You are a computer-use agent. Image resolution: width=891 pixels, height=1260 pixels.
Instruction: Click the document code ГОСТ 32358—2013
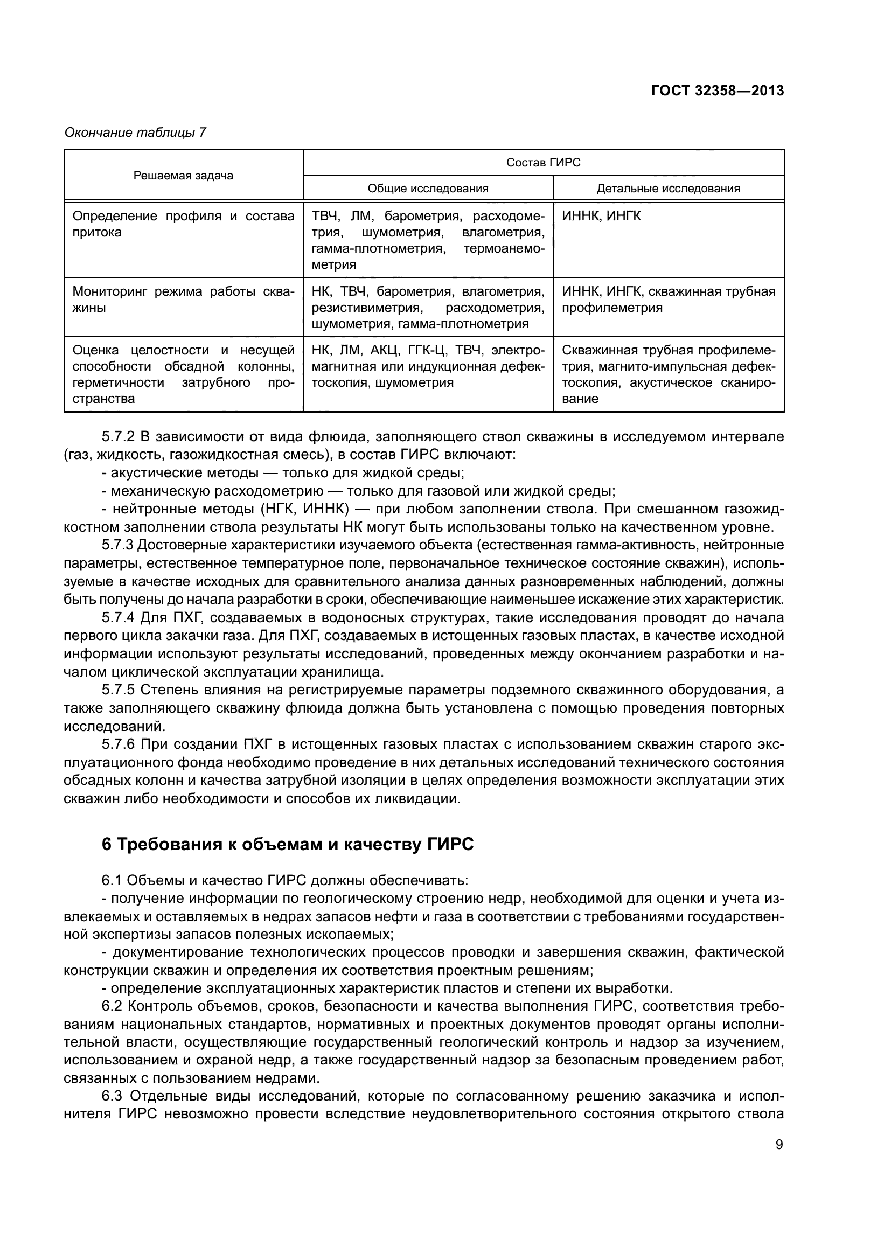pos(717,91)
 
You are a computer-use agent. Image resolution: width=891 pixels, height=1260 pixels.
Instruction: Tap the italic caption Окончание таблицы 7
pos(135,133)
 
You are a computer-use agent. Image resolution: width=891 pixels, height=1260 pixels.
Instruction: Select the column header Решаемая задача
pos(183,176)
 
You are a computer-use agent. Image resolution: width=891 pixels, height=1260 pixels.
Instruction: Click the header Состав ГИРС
pos(543,163)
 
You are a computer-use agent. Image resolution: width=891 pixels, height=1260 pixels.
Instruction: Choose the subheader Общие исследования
pos(428,189)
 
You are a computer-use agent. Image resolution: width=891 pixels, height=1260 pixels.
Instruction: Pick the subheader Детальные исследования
pos(668,189)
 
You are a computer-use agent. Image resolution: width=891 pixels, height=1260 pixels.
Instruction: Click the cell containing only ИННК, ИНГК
pos(601,216)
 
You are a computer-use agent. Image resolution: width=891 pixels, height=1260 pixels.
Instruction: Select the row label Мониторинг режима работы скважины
pos(183,299)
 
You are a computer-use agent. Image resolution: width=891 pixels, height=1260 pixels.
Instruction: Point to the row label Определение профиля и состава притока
pos(183,224)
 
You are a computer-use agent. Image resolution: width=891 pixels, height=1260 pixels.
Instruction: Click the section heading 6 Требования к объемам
pos(288,845)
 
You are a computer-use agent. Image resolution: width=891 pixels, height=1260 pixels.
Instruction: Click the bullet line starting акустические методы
pos(286,473)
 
